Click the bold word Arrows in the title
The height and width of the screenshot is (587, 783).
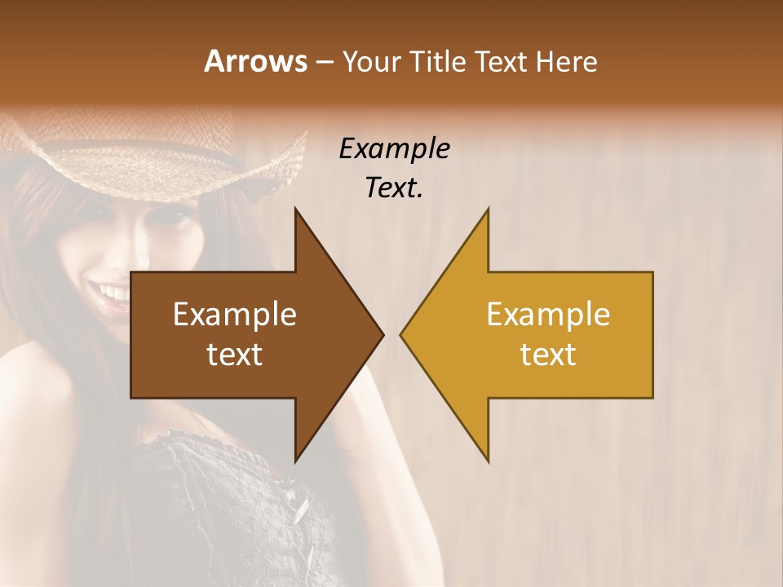coord(254,61)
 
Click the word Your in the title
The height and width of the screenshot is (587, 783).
coord(372,61)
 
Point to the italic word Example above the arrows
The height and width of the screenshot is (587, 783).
coord(394,148)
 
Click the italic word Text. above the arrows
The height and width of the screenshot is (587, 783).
coord(394,188)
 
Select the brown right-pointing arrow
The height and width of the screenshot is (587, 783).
coord(245,334)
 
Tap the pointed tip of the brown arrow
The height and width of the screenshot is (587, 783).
coord(382,334)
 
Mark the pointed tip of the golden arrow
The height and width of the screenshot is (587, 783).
coord(402,334)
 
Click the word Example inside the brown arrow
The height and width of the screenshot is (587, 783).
coord(235,315)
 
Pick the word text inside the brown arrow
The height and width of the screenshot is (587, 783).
coord(235,355)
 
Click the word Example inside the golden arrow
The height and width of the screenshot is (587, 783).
coord(548,315)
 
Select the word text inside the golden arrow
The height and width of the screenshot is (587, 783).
coord(548,355)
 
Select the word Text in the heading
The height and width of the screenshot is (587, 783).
coord(501,61)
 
